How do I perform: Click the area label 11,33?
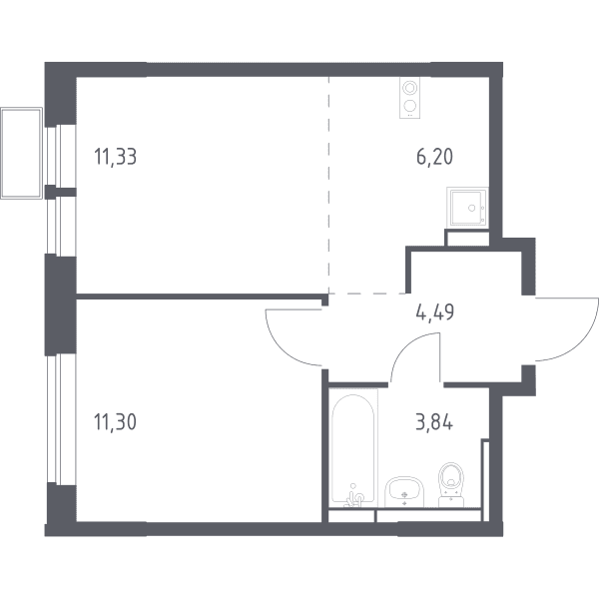pos(116,157)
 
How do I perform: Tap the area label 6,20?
pos(434,157)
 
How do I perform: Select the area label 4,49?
pos(435,312)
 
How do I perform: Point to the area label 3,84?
pos(434,422)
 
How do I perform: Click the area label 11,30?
pos(115,422)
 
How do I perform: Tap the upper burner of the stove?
pos(409,88)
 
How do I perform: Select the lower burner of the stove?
pos(409,105)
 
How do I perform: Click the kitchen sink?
pos(467,208)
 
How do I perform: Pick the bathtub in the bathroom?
pos(353,448)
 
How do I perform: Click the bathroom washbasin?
pos(404,492)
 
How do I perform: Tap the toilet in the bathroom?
pos(451,485)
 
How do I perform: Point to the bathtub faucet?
pos(354,497)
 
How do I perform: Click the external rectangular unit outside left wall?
pos(21,153)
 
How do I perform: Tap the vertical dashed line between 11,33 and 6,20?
pos(328,185)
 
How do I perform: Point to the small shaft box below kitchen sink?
pos(467,238)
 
